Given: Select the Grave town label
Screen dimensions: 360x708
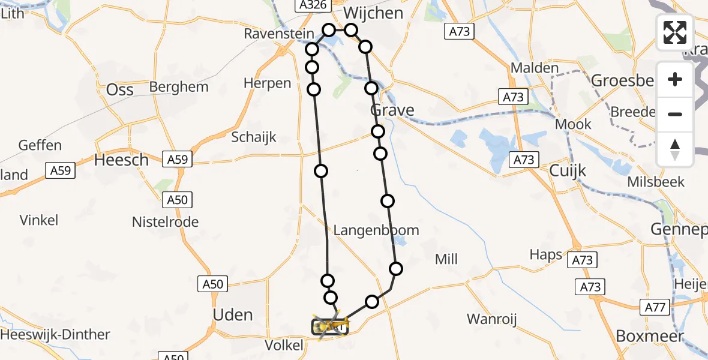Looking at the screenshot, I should click(x=392, y=110).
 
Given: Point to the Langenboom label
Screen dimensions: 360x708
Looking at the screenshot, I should click(x=376, y=230).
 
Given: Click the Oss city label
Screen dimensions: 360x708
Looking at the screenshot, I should click(x=119, y=89).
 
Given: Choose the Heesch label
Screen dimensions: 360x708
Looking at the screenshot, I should click(x=122, y=160).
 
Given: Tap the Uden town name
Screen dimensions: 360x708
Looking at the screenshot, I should click(x=233, y=315).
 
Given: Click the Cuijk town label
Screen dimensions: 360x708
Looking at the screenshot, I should click(x=568, y=171).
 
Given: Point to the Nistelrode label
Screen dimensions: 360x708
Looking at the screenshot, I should click(x=165, y=222).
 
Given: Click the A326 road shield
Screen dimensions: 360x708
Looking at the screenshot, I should click(x=313, y=5).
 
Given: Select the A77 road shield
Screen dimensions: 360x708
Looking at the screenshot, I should click(x=657, y=308).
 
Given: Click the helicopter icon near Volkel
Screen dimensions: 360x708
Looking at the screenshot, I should click(x=328, y=326).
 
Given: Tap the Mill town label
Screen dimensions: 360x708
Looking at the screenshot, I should click(x=446, y=259).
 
